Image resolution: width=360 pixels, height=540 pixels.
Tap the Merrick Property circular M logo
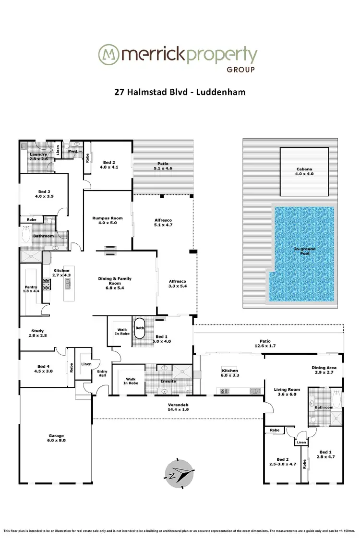[x=108, y=55]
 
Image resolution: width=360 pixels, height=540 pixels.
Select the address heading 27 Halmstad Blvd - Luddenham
[x=180, y=91]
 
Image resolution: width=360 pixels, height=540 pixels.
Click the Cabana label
[x=304, y=172]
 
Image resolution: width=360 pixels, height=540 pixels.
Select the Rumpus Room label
[x=108, y=221]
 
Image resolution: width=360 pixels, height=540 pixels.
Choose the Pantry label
[x=31, y=289]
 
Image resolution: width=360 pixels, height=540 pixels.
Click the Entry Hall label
[x=102, y=374]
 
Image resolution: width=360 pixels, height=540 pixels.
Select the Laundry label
[x=38, y=156]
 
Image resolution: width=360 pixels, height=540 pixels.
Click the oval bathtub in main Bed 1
[x=140, y=329]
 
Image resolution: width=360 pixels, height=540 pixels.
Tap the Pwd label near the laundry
[x=73, y=151]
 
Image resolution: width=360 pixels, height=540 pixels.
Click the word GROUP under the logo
[x=240, y=69]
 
